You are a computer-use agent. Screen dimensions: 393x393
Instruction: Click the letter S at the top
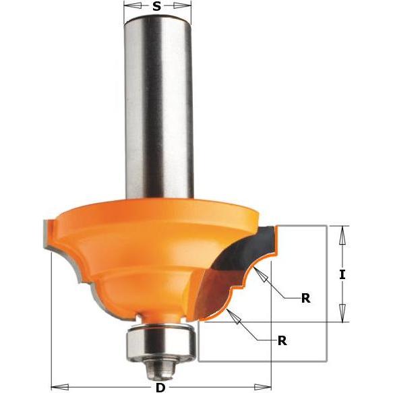156,6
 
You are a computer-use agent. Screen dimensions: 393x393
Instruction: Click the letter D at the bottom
160,388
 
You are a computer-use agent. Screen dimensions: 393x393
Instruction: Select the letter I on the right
342,275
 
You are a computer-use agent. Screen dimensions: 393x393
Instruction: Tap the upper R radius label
305,298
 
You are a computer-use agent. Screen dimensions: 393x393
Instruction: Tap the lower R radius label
282,340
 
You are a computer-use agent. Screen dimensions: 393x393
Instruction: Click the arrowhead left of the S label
133,6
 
